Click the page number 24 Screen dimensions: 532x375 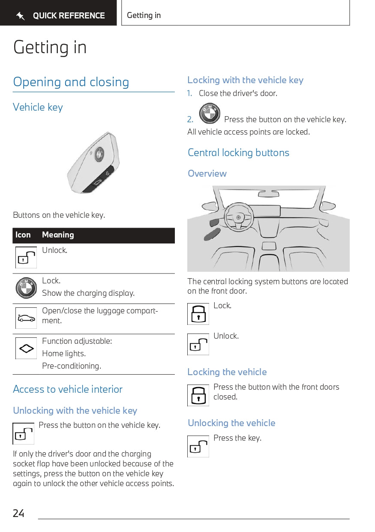[x=18, y=513]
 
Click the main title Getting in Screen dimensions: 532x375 [x=50, y=47]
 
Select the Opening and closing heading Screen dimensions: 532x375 [x=71, y=82]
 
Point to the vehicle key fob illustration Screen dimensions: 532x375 [x=93, y=163]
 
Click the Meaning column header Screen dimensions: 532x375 [x=58, y=235]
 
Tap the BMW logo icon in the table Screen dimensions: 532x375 [x=26, y=288]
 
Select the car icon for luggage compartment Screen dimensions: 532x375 [x=26, y=318]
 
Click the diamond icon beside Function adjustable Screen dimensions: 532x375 [x=26, y=349]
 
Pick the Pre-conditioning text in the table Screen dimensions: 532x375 [x=72, y=366]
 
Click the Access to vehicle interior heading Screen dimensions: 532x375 [x=68, y=389]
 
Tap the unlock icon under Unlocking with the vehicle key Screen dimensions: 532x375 [x=23, y=433]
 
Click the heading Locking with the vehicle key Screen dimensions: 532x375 [x=245, y=80]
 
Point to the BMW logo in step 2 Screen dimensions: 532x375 [x=210, y=114]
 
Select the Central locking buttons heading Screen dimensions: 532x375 [x=238, y=153]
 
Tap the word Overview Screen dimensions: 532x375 [x=207, y=174]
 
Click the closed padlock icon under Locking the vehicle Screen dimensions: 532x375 [x=198, y=395]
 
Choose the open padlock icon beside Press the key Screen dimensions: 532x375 [x=198, y=446]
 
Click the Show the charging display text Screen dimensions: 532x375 [x=88, y=293]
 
